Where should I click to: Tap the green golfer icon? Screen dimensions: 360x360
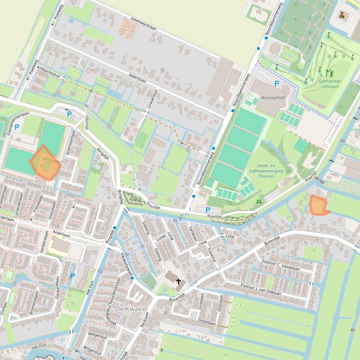coord(329,73)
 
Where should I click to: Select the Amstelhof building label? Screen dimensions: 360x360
coord(273,98)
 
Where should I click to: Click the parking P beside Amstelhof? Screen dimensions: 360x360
coord(276,84)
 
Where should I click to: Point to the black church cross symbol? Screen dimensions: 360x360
coord(178,281)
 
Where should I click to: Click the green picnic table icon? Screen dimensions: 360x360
coord(259,202)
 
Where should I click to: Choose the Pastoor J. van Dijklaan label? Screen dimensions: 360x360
coord(261,289)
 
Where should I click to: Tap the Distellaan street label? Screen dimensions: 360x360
coord(207,322)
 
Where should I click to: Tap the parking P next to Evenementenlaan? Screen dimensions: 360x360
coord(17,127)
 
